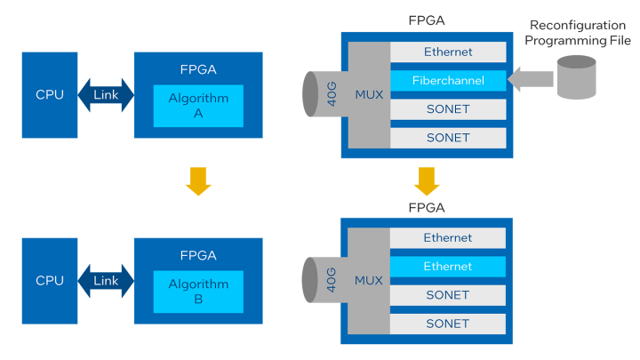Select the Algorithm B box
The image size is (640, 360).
tap(198, 292)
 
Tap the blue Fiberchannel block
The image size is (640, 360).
tap(448, 81)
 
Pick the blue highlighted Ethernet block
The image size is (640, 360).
tap(448, 267)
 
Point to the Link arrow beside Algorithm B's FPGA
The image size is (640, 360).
tap(106, 281)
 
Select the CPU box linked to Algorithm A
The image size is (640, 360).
tap(50, 95)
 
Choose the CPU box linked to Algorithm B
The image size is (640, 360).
tap(50, 281)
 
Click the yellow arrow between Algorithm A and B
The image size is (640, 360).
tap(198, 181)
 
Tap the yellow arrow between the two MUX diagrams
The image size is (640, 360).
tap(428, 180)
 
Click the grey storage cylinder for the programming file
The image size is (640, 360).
tap(575, 77)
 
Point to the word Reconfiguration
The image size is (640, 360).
tap(580, 26)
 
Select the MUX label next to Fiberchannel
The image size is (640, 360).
tap(368, 95)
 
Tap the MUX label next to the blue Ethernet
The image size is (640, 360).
tap(368, 281)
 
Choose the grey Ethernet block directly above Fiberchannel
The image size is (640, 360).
tap(448, 52)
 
